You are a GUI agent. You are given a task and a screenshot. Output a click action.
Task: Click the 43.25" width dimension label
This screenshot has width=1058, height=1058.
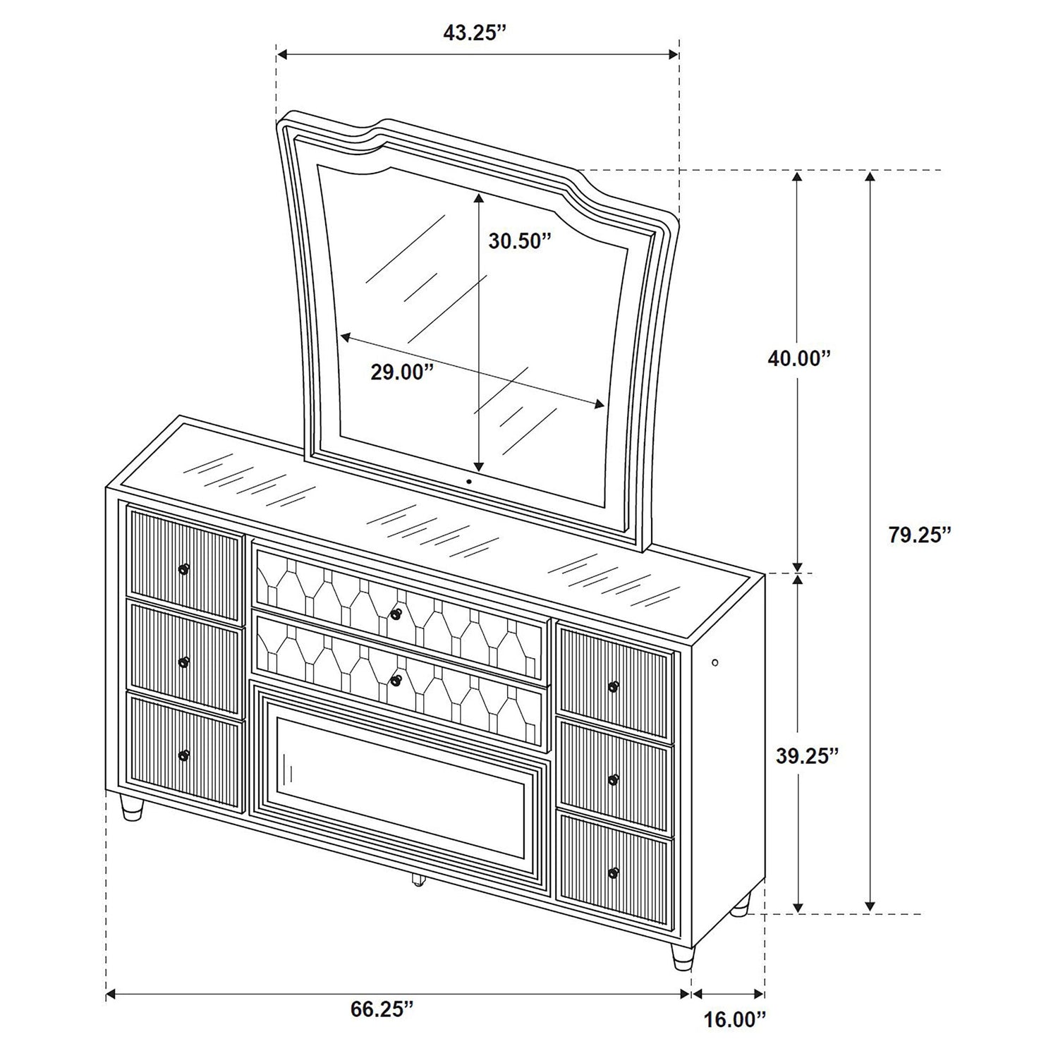475,34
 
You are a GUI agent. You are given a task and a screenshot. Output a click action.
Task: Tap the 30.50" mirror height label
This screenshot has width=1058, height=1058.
519,241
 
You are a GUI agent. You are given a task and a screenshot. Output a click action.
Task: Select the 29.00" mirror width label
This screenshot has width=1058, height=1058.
401,372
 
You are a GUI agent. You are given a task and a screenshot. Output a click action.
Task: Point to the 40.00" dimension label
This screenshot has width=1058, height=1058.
800,358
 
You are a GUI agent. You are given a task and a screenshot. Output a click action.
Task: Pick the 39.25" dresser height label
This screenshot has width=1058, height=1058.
807,755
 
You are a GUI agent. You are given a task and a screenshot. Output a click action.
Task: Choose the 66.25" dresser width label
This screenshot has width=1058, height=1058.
382,1009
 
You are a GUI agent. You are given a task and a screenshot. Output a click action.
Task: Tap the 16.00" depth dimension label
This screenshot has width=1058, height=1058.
734,1038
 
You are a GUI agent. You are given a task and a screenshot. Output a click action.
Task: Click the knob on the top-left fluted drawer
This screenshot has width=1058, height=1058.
185,568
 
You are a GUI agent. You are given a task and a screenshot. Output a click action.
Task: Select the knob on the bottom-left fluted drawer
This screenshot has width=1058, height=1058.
185,755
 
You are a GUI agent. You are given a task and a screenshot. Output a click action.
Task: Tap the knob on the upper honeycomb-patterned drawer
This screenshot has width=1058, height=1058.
396,614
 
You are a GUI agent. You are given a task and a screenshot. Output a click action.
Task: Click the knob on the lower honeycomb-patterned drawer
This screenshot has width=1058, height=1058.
396,679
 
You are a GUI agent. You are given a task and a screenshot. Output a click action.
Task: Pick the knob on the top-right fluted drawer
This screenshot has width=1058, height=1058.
614,686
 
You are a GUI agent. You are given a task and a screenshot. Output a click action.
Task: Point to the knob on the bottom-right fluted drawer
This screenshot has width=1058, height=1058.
614,873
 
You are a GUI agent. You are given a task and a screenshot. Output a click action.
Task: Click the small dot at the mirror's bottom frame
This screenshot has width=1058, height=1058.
468,482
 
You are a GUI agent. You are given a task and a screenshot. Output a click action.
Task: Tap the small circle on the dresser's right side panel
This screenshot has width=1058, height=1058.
715,662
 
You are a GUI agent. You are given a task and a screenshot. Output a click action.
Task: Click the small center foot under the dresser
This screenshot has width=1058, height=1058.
417,880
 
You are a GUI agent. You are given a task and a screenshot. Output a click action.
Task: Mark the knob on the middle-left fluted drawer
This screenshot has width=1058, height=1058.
185,662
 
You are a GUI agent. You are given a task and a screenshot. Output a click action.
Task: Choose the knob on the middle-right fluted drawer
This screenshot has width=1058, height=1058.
614,779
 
